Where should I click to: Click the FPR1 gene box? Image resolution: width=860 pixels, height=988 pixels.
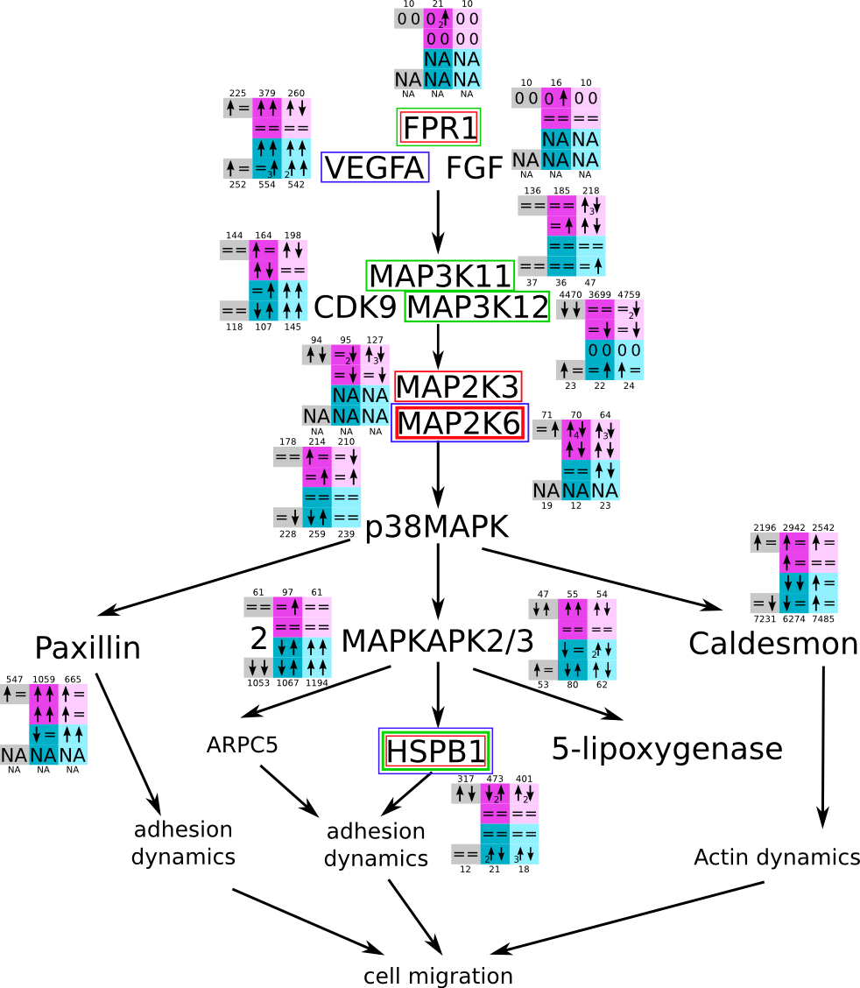[x=439, y=128]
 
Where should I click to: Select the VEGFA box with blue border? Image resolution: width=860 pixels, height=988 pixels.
[x=375, y=167]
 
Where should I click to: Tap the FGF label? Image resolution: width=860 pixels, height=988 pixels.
[x=474, y=167]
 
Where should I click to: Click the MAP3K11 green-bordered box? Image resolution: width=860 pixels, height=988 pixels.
[x=440, y=276]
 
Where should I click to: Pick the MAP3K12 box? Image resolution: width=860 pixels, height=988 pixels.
[x=477, y=307]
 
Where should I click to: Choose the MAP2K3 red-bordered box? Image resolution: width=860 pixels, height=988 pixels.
[x=458, y=386]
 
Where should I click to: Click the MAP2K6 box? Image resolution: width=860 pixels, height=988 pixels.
[x=460, y=424]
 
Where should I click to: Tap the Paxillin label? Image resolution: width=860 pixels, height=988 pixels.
[x=88, y=648]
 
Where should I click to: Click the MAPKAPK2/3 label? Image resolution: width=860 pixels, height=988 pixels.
[x=437, y=641]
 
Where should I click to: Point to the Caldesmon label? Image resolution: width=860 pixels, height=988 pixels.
[x=772, y=644]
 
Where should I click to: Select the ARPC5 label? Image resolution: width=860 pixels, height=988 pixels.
[x=242, y=745]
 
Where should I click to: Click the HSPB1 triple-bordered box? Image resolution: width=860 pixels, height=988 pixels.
[x=435, y=752]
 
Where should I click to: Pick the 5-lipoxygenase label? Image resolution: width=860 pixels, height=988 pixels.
[x=666, y=749]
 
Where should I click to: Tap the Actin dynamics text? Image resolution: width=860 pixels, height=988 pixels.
[x=776, y=857]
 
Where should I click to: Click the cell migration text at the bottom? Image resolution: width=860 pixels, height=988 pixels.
[x=438, y=976]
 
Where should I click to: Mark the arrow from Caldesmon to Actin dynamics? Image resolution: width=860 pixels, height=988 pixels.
[x=822, y=745]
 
